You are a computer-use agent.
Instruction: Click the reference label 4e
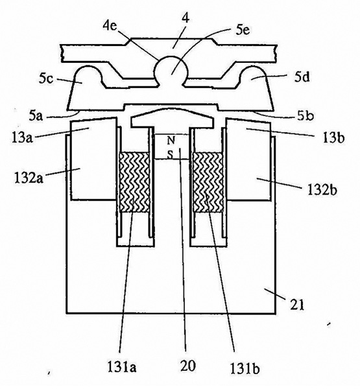tap(110, 27)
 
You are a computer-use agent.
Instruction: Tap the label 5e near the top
tap(243, 30)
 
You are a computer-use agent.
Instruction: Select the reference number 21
tap(297, 305)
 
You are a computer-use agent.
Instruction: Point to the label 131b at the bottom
tap(245, 368)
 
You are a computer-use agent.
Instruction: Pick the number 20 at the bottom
tap(187, 366)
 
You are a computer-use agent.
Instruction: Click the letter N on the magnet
tap(171, 141)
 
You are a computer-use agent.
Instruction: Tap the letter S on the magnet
tap(170, 155)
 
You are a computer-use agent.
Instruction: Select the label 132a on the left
tap(29, 178)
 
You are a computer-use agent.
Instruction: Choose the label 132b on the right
tap(322, 190)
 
